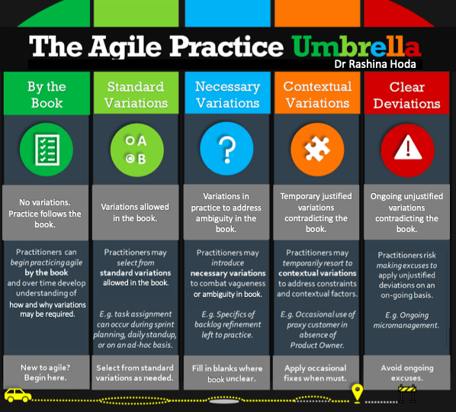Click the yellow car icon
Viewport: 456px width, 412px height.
18,395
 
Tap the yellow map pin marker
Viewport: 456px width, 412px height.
357,393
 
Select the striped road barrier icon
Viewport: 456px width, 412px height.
407,393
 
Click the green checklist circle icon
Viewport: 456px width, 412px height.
47,150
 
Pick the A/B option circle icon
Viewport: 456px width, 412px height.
136,150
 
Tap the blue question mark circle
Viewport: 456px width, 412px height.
226,148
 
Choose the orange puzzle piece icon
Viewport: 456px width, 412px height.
317,150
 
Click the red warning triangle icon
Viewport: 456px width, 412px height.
407,150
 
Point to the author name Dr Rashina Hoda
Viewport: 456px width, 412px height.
375,64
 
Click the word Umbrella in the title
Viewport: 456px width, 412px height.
357,47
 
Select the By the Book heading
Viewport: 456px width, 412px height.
47,95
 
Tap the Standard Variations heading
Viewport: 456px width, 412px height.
136,95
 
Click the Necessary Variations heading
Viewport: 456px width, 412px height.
227,95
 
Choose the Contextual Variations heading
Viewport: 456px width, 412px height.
317,95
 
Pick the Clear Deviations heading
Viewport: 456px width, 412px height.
407,95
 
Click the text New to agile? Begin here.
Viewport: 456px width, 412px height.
46,373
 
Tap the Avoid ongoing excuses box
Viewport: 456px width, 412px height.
407,372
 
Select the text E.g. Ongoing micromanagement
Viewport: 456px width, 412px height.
406,320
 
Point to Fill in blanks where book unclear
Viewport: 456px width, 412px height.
227,374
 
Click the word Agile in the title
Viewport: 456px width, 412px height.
125,47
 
